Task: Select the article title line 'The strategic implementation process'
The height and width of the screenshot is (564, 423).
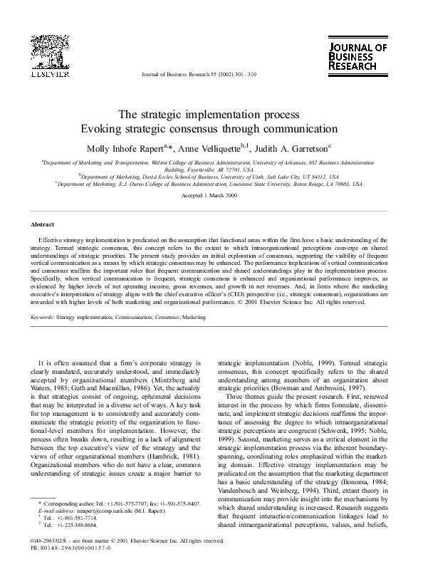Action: (x=211, y=115)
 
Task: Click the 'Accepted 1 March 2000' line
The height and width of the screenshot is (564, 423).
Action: (x=211, y=195)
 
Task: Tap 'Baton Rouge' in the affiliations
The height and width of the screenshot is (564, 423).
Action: (x=306, y=183)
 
